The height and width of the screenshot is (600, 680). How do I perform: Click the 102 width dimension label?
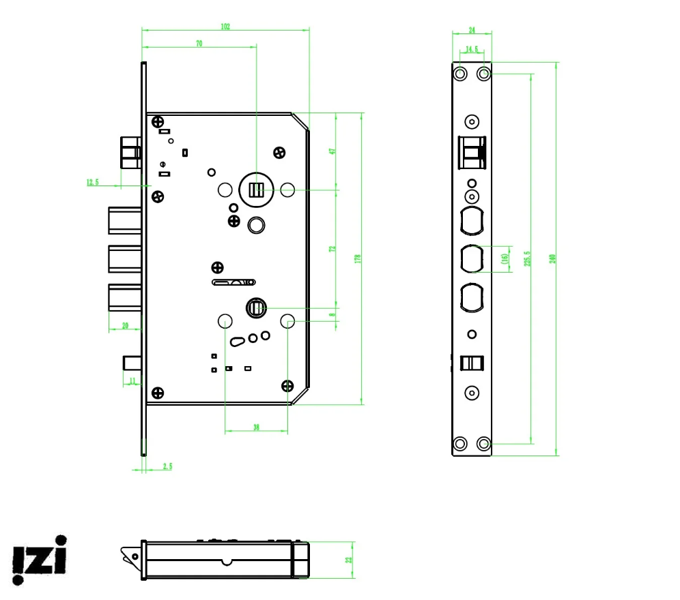225,27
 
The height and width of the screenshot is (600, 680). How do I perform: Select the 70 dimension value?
199,44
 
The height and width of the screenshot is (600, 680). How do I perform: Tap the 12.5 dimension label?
93,182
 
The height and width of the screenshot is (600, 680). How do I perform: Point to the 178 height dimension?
357,258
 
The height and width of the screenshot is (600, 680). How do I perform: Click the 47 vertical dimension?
332,151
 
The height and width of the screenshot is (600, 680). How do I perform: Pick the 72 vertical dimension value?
332,249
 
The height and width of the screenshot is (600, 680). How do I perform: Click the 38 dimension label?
256,427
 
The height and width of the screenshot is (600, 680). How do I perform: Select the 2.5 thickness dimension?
167,466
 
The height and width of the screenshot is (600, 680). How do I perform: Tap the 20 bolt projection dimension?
125,325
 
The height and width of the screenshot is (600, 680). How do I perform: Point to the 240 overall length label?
552,258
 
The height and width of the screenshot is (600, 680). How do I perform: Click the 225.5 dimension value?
527,258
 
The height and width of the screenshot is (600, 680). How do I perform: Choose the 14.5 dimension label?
471,50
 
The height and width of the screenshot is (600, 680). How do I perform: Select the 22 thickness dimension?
348,560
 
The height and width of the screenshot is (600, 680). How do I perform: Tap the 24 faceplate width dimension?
471,31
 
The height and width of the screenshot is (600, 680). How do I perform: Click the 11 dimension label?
132,380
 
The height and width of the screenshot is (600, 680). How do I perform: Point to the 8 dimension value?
332,315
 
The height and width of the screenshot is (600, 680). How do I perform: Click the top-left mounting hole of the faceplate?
460,73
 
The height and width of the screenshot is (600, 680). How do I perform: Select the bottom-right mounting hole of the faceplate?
484,444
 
